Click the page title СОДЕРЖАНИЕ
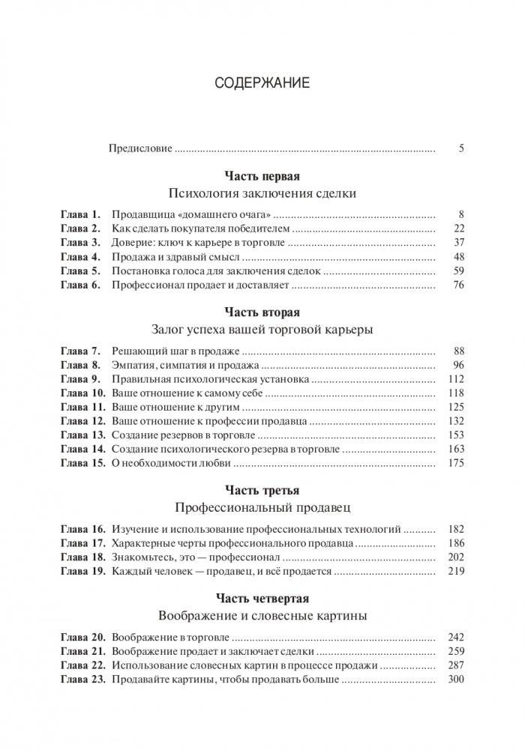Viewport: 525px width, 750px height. pos(262,83)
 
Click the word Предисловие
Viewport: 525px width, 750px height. pos(141,148)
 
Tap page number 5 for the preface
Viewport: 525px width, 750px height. pos(460,148)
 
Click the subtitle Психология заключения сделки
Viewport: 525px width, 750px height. pos(262,193)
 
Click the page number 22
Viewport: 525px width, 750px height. pos(459,229)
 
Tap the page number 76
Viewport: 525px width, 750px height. pos(459,285)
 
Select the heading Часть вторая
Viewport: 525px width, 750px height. pos(262,312)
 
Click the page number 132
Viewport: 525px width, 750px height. pos(456,422)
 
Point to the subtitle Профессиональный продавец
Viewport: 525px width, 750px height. pos(262,508)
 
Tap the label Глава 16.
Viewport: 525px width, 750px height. pos(82,529)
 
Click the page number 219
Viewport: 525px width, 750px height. pos(456,572)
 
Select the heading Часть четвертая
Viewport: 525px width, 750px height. pos(262,599)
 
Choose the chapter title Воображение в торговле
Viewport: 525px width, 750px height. pos(169,637)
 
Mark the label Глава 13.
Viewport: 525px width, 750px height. pos(82,435)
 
